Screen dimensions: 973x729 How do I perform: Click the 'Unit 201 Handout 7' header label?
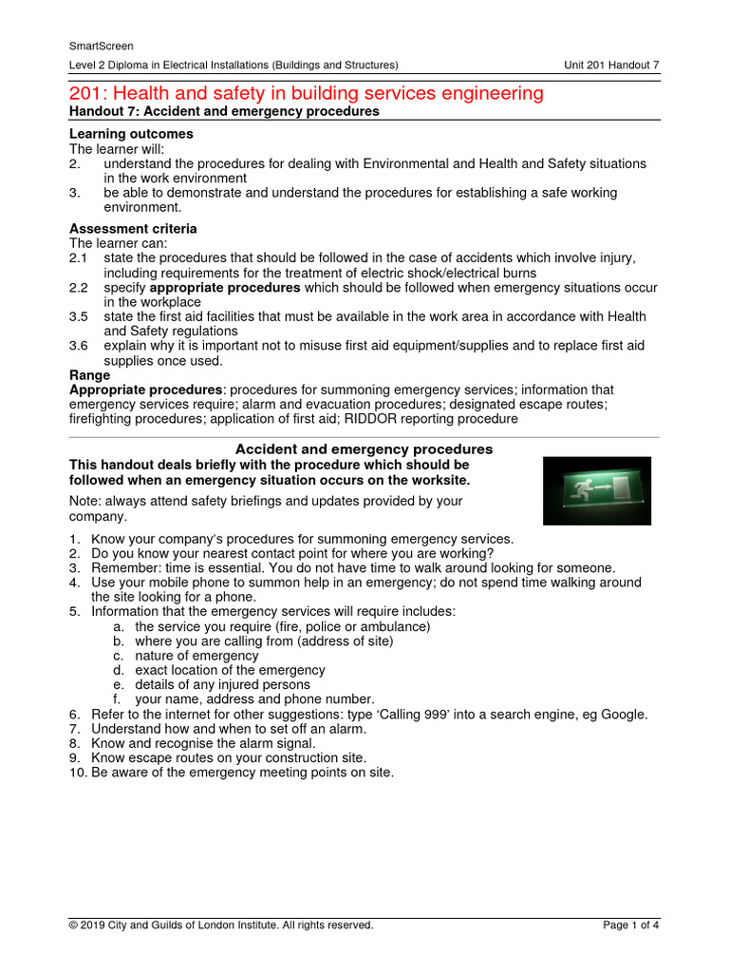click(x=612, y=65)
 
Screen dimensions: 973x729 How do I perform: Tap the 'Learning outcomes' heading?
click(x=131, y=134)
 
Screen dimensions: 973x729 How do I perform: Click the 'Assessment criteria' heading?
click(x=134, y=229)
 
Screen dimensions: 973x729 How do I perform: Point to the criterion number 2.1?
click(x=78, y=258)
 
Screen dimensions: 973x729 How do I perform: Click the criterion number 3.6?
click(x=78, y=346)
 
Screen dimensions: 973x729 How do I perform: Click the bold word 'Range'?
click(x=90, y=375)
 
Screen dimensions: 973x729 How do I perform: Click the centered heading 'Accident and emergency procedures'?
click(x=364, y=448)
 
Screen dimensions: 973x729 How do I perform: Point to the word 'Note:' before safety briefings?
click(x=86, y=502)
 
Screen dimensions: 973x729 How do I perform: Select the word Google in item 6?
click(x=625, y=714)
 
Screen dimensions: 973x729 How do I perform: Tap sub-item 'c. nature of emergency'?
click(x=182, y=656)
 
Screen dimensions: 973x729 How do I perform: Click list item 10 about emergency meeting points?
click(x=231, y=773)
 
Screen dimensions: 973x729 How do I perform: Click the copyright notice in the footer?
click(x=221, y=925)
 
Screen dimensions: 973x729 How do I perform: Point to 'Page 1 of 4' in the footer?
click(x=630, y=925)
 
